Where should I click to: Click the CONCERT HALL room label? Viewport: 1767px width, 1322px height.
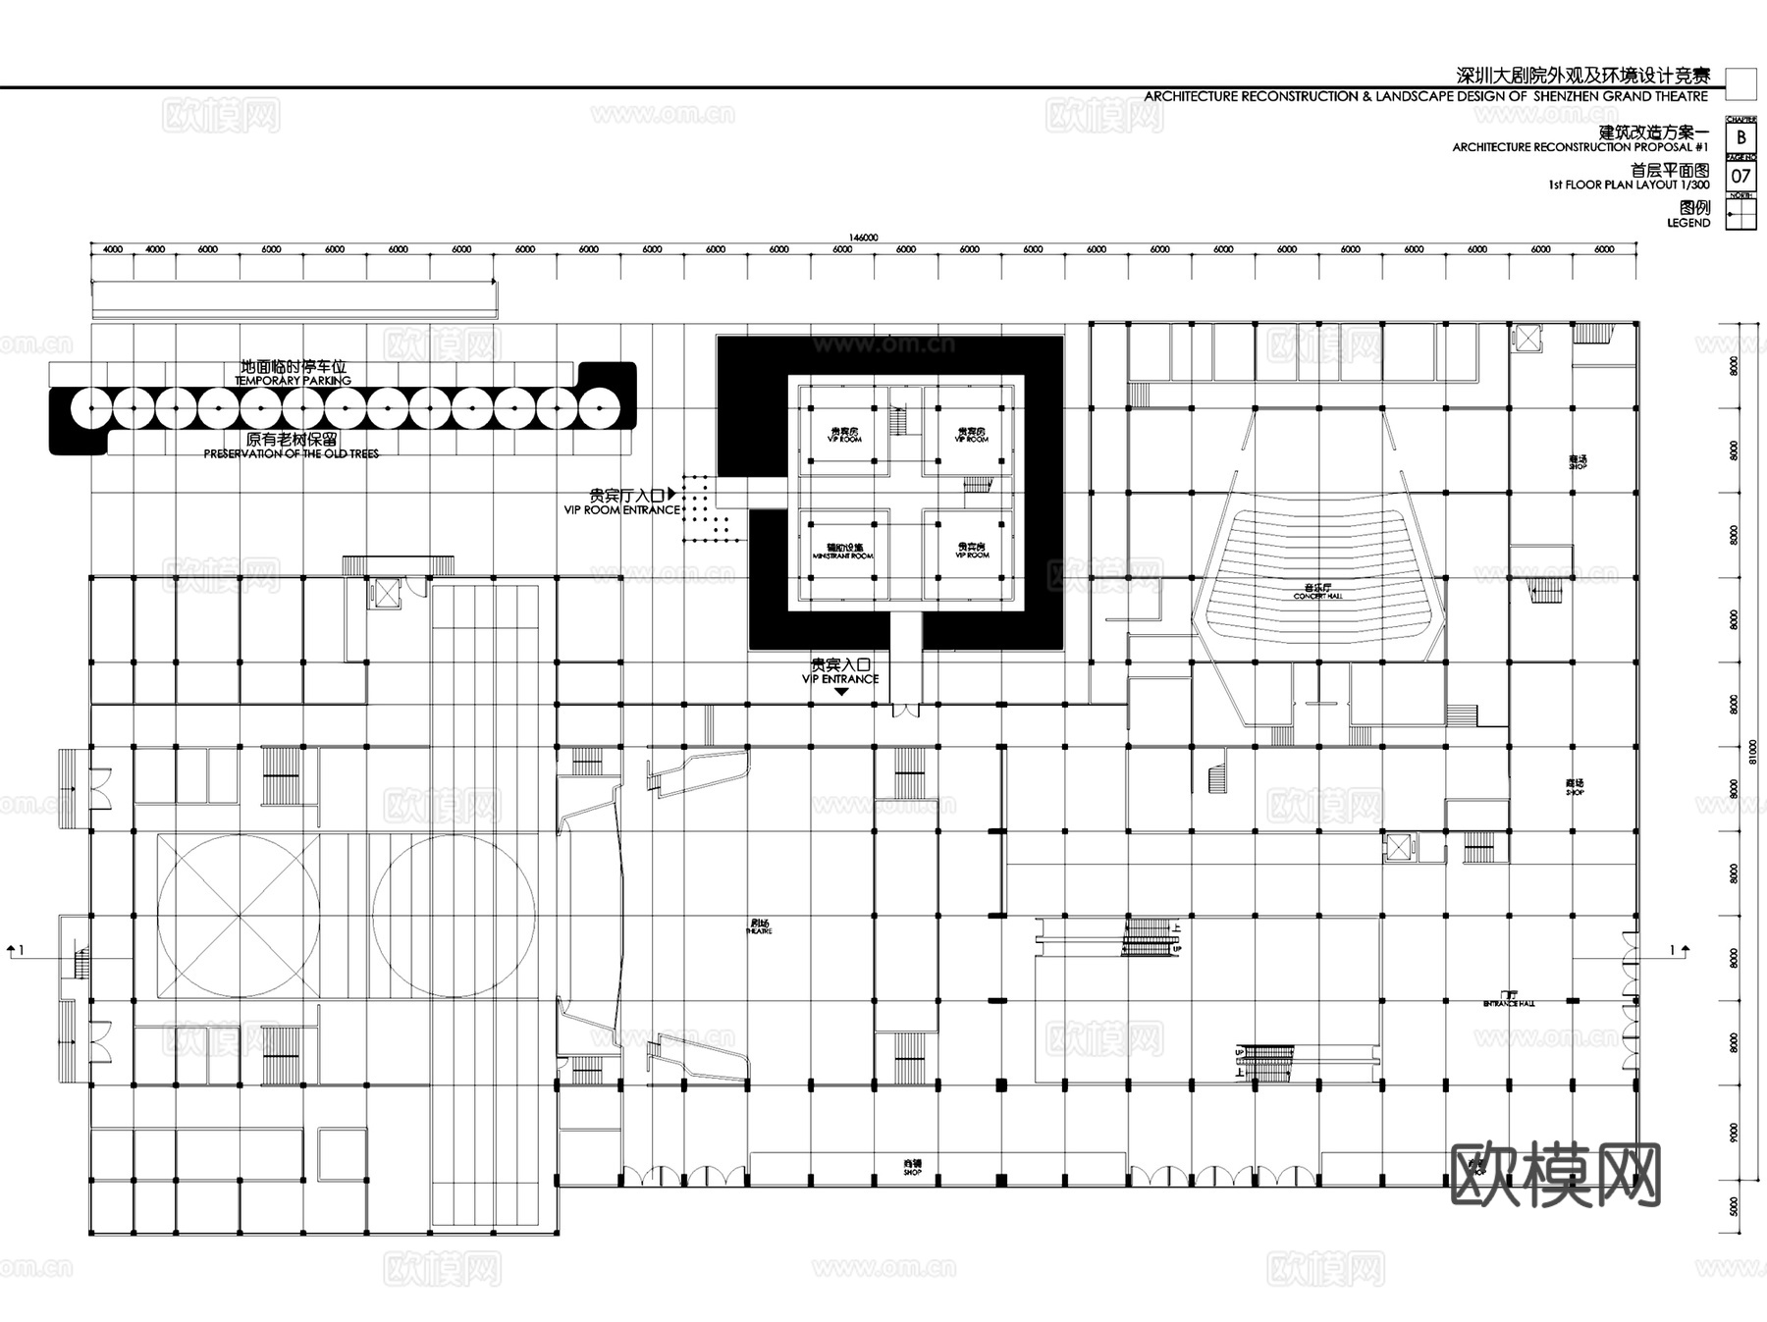[1317, 592]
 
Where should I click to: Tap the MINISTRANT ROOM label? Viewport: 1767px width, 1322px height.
[843, 552]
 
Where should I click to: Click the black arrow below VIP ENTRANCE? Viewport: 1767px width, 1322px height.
[841, 692]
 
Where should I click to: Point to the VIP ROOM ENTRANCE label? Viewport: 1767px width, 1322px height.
[622, 503]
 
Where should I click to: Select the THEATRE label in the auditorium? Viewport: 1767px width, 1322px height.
[759, 926]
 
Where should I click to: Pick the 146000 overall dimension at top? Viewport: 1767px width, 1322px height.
[863, 237]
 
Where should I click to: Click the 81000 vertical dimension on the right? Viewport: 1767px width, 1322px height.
[1753, 751]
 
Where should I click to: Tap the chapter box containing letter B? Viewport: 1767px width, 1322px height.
[1741, 138]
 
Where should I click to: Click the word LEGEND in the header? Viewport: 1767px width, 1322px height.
[1688, 223]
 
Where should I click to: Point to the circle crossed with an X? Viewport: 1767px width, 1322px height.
[238, 916]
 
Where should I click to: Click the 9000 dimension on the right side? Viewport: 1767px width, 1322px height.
[1734, 1133]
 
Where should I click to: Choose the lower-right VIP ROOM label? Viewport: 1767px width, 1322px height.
[972, 551]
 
